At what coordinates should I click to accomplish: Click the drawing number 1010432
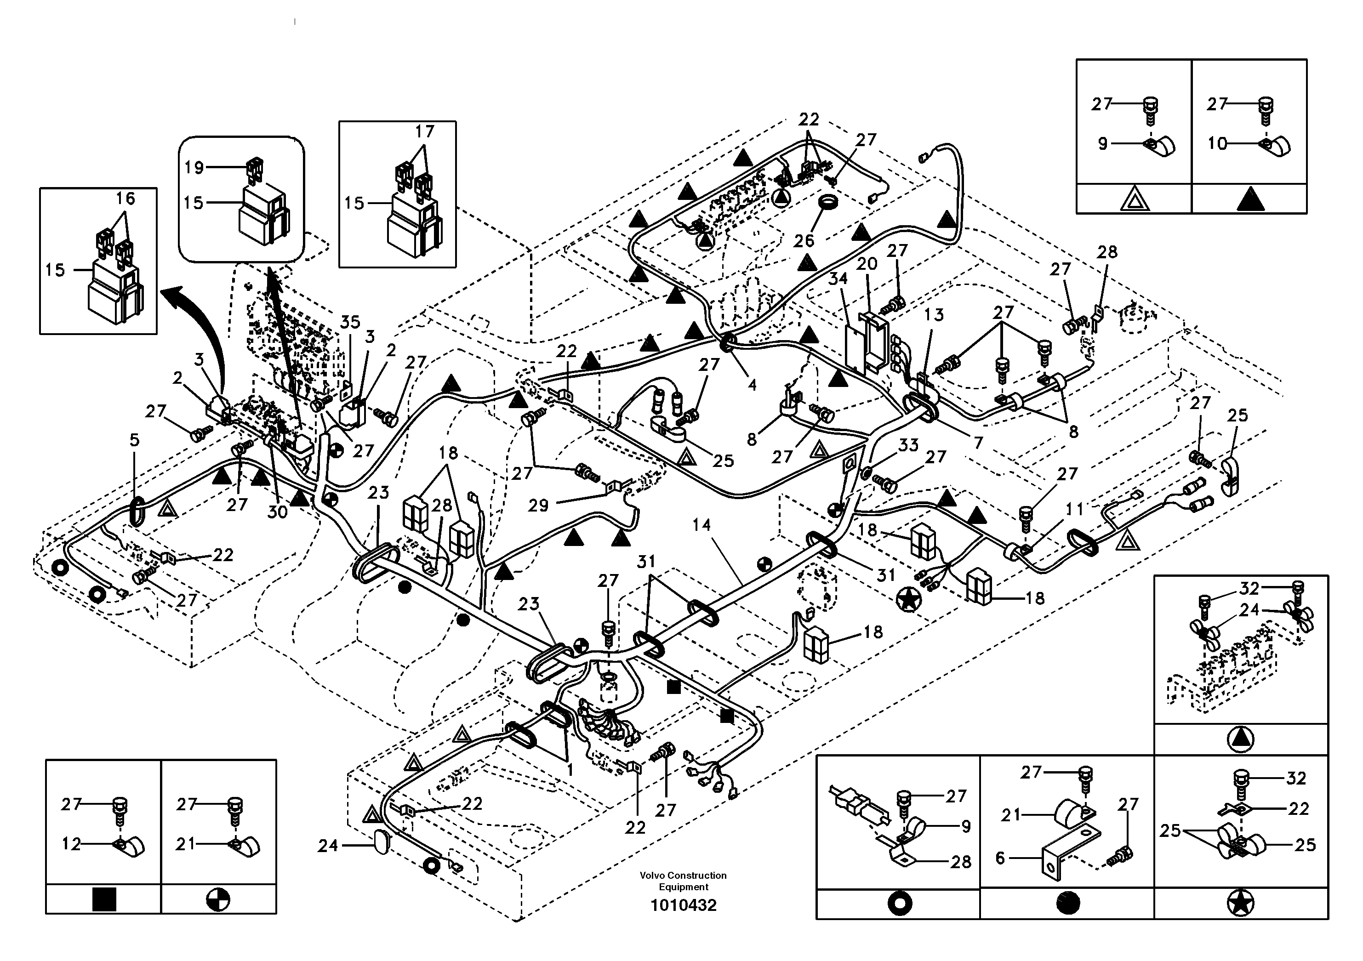pos(683,906)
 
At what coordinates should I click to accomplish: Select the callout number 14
pos(701,525)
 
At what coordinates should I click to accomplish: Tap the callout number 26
pos(804,240)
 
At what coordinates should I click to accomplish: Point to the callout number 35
pos(350,322)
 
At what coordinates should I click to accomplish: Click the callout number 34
pos(838,279)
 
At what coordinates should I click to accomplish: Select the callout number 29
pos(538,506)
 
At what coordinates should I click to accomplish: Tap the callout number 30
pos(277,511)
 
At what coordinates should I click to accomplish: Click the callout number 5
pos(135,440)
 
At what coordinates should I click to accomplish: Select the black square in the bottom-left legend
pos(104,900)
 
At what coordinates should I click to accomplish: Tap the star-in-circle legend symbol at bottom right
pos(1241,904)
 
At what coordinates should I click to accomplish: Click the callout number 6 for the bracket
pos(1000,859)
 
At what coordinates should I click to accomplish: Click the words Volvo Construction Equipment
pos(683,881)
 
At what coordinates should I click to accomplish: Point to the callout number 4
pos(752,385)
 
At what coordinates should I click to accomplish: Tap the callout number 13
pos(934,315)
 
